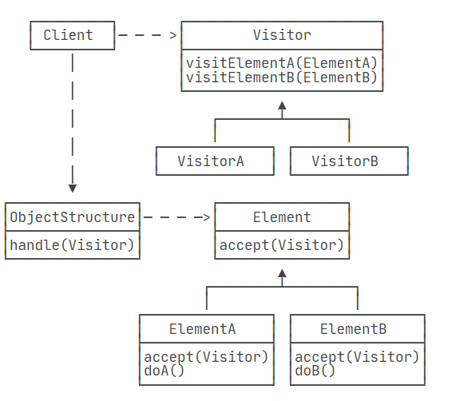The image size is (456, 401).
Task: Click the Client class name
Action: (69, 35)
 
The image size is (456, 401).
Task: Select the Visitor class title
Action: (282, 35)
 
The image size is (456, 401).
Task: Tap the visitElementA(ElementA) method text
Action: (282, 63)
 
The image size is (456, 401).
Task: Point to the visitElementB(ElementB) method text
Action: (282, 77)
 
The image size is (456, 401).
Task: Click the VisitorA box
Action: (215, 161)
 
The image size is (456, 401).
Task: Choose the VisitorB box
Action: (349, 161)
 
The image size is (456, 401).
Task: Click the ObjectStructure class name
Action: (73, 217)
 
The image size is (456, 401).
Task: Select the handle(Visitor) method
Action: (72, 245)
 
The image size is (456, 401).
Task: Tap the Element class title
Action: (282, 217)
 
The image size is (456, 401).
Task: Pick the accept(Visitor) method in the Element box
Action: (282, 245)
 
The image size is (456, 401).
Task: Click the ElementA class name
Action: (202, 329)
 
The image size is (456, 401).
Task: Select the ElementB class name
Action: (353, 329)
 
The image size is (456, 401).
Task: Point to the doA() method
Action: (164, 371)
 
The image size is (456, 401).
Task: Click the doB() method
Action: (315, 371)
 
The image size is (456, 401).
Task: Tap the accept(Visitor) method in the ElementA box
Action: (206, 357)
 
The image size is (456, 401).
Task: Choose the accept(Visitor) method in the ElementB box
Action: (357, 357)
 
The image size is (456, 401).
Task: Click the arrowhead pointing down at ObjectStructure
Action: (73, 189)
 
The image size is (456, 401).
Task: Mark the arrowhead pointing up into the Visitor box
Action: (282, 105)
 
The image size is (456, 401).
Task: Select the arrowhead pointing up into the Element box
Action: (282, 273)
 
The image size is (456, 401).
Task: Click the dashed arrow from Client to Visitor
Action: (148, 35)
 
